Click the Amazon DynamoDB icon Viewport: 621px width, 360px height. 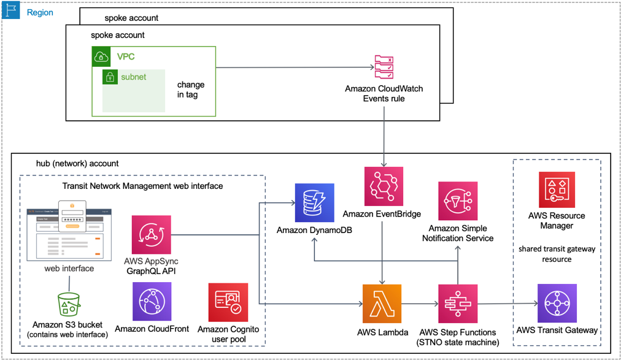[x=314, y=203]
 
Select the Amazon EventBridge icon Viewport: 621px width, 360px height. [x=382, y=187]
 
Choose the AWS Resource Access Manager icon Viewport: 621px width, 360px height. [x=557, y=190]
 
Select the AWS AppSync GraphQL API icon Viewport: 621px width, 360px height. [x=152, y=235]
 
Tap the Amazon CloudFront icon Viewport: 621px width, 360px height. [x=152, y=302]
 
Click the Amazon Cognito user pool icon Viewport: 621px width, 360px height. [x=228, y=302]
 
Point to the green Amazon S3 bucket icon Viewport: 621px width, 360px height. [x=68, y=304]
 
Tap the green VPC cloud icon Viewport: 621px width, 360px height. [x=102, y=57]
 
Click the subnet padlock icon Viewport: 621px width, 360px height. [x=110, y=77]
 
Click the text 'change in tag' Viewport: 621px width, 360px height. [x=190, y=90]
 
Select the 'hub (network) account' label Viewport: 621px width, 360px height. [x=77, y=164]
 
